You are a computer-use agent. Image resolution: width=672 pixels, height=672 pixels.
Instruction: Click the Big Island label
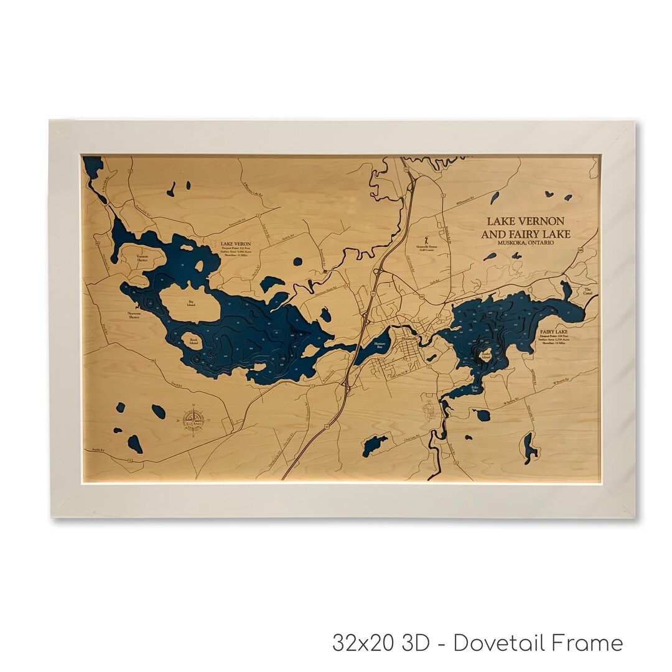click(x=190, y=304)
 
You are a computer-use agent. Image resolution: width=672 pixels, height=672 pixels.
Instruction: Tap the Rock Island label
click(x=194, y=342)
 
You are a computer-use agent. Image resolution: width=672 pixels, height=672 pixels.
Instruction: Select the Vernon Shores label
click(x=142, y=258)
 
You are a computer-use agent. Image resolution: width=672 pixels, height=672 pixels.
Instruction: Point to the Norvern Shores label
click(x=134, y=315)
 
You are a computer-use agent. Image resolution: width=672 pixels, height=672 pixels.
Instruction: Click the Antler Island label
click(x=487, y=355)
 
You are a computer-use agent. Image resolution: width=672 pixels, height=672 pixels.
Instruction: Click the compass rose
click(x=195, y=421)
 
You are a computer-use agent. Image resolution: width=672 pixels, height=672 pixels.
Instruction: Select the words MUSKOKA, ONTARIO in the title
click(x=521, y=243)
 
